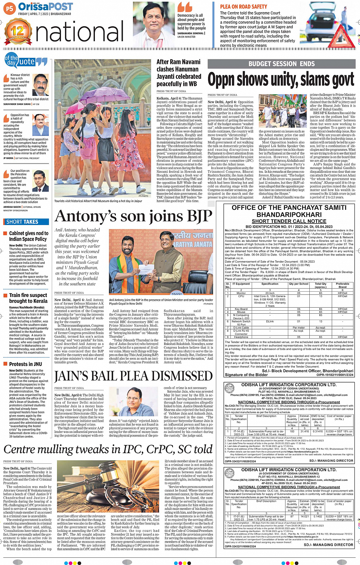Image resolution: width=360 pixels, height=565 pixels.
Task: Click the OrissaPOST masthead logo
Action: point(45,7)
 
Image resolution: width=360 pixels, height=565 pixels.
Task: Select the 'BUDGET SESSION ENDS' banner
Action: point(282,64)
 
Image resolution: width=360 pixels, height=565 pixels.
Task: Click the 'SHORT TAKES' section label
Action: point(22,222)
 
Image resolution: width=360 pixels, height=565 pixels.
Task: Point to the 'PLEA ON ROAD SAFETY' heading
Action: point(243,6)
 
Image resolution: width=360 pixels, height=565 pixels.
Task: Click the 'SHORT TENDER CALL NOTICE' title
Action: point(289,221)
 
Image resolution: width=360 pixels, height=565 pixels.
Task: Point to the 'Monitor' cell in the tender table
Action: point(241,293)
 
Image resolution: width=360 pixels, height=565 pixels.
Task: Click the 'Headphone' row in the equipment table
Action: point(241,337)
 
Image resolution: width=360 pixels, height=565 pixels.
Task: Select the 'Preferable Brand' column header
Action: point(342,285)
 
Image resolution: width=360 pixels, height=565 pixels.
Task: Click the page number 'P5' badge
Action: point(9,8)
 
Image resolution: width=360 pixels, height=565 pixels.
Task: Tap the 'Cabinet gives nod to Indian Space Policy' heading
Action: point(29,236)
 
